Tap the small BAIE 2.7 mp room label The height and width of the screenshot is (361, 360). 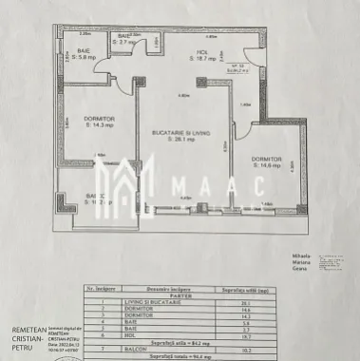125,41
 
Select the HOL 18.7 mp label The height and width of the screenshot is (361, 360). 204,55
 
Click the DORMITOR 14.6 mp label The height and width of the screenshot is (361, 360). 266,161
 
